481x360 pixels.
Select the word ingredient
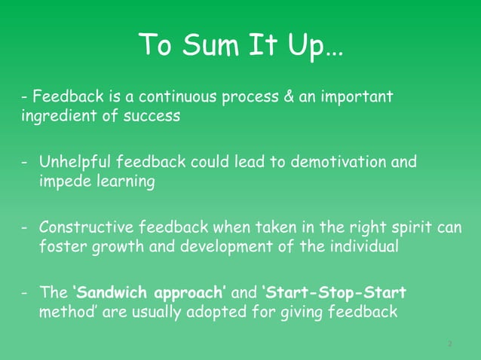point(54,117)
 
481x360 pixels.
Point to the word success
point(154,117)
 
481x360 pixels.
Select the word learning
point(123,183)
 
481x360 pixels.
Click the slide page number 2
point(449,343)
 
